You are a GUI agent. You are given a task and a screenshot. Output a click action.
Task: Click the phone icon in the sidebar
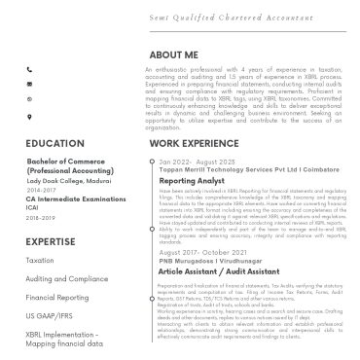click(x=30, y=70)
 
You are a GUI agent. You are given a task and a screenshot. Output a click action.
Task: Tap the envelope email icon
click(x=30, y=85)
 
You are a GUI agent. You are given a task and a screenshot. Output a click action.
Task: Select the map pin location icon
click(x=30, y=115)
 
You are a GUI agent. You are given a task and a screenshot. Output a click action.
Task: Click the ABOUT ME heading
click(x=175, y=55)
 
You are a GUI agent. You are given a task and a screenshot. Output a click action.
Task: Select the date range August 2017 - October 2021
click(x=217, y=252)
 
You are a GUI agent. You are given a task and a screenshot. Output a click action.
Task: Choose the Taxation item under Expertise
click(x=41, y=261)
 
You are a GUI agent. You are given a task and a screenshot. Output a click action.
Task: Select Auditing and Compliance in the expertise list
click(x=67, y=279)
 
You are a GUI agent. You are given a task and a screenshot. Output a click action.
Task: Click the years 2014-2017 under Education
click(x=42, y=191)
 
